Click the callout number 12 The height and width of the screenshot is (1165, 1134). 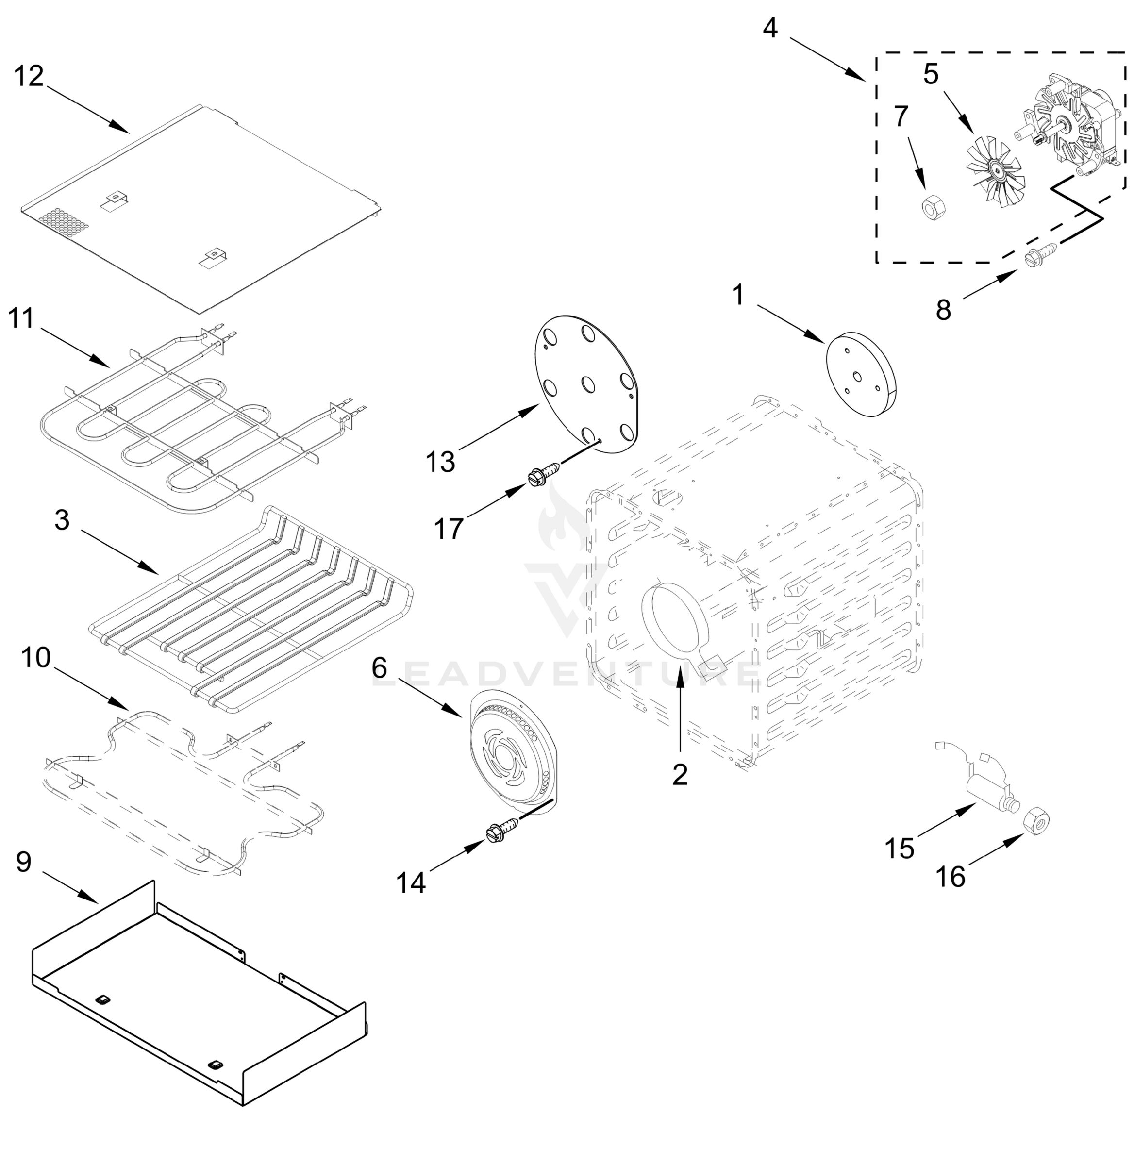pos(29,77)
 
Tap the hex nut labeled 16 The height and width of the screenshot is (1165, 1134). pos(1037,823)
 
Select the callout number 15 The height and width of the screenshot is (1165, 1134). pos(899,848)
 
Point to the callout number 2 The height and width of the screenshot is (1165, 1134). pos(680,774)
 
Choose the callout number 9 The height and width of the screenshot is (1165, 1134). pos(23,862)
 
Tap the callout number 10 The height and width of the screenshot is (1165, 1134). pos(36,659)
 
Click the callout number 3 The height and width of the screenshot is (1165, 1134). pos(62,520)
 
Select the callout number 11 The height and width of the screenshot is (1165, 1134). pos(21,318)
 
